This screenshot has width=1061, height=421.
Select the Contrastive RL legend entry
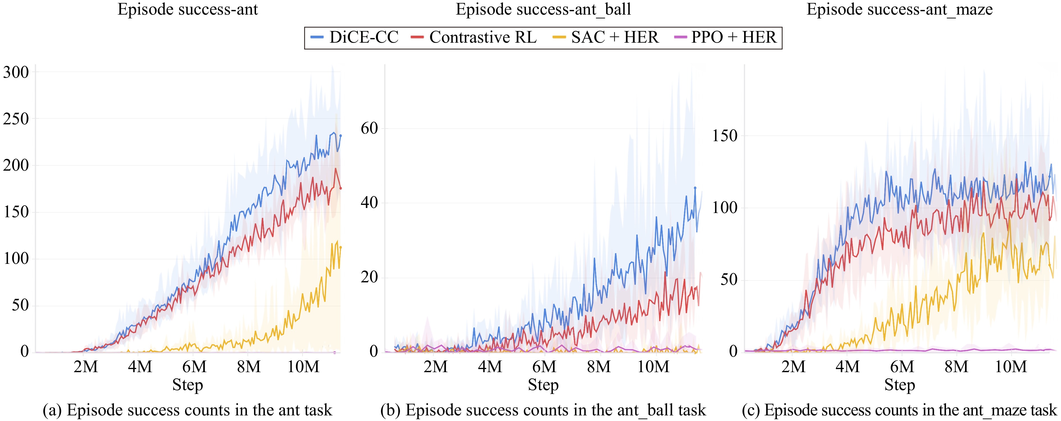474,38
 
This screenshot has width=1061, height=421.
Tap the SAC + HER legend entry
605,38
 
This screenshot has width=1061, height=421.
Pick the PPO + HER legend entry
725,38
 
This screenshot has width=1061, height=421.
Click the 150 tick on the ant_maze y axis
725,136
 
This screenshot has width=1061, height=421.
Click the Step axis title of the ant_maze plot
900,385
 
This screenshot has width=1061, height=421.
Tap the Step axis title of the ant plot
187,385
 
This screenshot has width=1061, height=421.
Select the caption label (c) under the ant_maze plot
751,410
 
